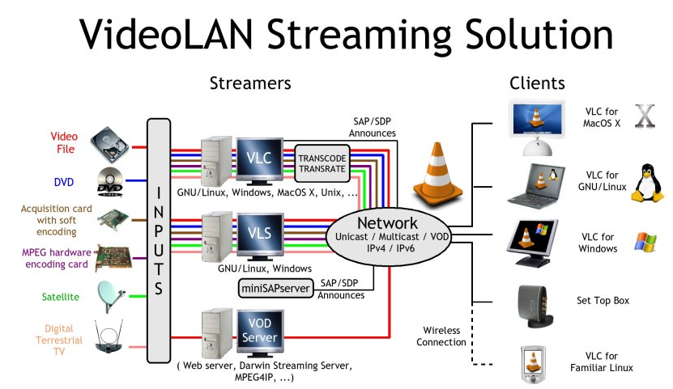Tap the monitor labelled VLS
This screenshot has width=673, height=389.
point(259,235)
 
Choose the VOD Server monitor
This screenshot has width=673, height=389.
point(259,332)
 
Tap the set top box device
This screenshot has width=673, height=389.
point(534,302)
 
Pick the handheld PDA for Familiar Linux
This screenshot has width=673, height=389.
point(531,362)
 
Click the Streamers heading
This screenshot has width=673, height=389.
point(250,82)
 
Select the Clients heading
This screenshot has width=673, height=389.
point(537,82)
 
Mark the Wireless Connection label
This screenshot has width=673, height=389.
point(441,336)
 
